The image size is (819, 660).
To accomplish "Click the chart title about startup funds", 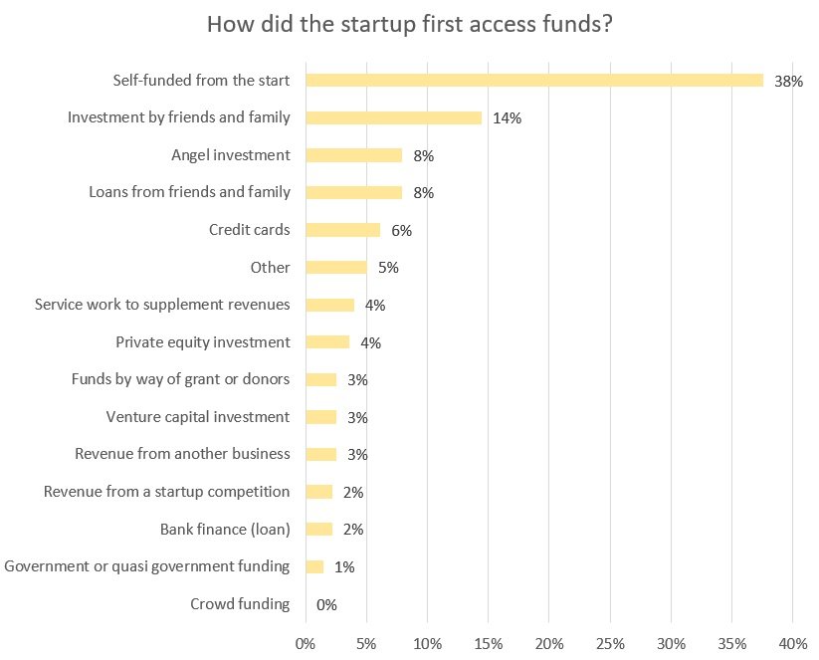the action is [x=410, y=25].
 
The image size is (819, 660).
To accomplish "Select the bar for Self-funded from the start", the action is [x=534, y=80].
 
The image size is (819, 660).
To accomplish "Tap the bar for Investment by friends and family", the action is [x=394, y=117].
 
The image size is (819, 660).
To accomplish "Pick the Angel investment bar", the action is [x=354, y=155].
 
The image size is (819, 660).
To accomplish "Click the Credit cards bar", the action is [x=343, y=230].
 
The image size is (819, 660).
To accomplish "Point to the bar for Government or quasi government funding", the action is [x=314, y=566].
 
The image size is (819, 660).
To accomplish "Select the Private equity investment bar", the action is [x=327, y=342].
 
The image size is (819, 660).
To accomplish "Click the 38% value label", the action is [x=788, y=82].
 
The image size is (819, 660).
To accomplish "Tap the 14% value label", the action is [x=508, y=118].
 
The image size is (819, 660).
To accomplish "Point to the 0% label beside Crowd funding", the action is [x=326, y=605].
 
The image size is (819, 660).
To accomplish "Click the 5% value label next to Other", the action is [x=388, y=268].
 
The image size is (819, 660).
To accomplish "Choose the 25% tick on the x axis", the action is [x=610, y=644].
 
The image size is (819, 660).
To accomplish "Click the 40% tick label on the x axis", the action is [x=793, y=644].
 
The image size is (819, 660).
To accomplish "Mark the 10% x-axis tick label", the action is [x=427, y=644].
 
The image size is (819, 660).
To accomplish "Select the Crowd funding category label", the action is [x=240, y=604].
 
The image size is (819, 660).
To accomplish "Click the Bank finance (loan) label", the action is [x=225, y=530].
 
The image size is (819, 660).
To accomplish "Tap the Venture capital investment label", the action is [x=198, y=417].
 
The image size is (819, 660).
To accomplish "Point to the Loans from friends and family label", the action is [x=190, y=192].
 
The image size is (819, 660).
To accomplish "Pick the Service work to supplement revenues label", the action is [x=162, y=305].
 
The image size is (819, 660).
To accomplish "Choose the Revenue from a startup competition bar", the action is [x=319, y=492].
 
